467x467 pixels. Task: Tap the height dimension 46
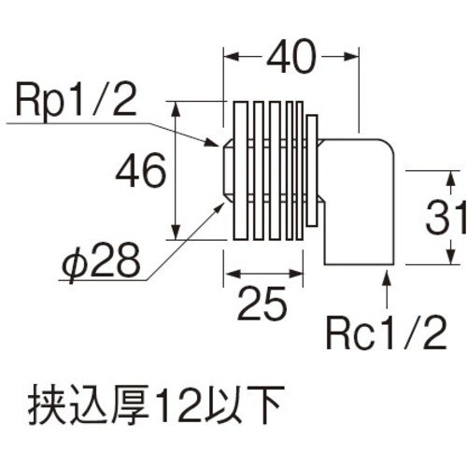point(139,171)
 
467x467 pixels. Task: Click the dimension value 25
point(263,304)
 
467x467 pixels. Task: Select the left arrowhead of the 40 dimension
point(230,58)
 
